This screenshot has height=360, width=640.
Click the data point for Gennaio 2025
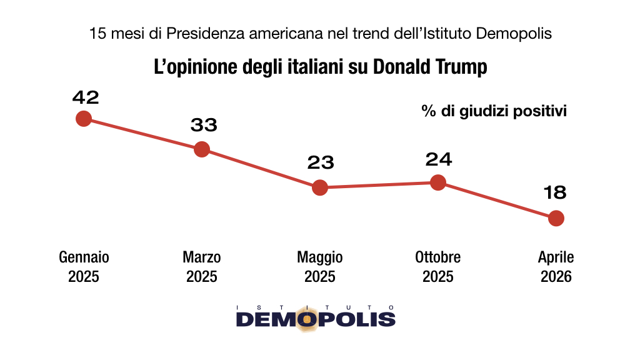tap(83, 118)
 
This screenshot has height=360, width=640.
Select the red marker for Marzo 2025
tap(201, 149)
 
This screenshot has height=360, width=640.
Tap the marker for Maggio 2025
tap(319, 187)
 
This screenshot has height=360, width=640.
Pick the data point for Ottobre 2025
tap(438, 182)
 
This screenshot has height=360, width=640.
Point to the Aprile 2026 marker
tap(556, 218)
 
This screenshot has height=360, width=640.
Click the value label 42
tap(86, 97)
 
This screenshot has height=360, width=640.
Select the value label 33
tap(204, 126)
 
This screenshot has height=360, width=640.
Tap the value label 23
tap(321, 163)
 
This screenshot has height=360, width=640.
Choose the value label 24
tap(438, 159)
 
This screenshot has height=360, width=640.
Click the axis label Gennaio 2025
tap(84, 267)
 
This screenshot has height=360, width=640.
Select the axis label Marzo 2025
tap(201, 267)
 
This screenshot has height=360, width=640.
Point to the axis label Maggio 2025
tap(319, 267)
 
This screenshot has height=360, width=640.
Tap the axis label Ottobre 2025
tap(437, 267)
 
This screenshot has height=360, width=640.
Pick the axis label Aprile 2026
tap(556, 267)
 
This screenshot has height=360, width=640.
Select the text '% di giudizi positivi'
tap(494, 112)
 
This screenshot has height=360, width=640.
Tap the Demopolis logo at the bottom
tap(316, 317)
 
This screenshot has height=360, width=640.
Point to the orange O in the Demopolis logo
tap(307, 319)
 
